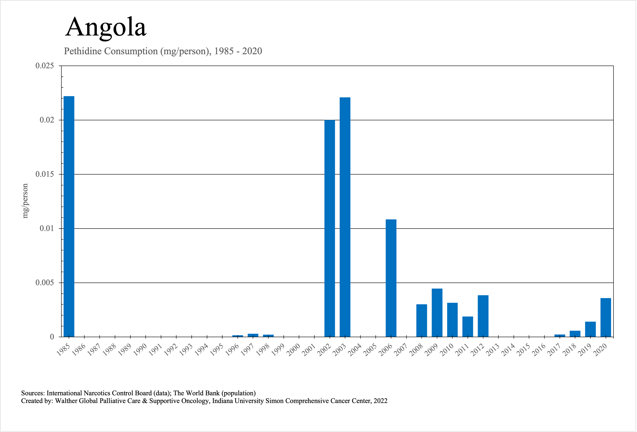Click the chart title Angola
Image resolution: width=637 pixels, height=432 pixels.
pyautogui.click(x=106, y=27)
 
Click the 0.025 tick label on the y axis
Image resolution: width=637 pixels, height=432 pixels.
pyautogui.click(x=44, y=66)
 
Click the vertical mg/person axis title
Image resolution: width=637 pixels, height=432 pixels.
pyautogui.click(x=25, y=201)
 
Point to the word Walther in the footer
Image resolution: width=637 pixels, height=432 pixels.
pyautogui.click(x=66, y=401)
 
